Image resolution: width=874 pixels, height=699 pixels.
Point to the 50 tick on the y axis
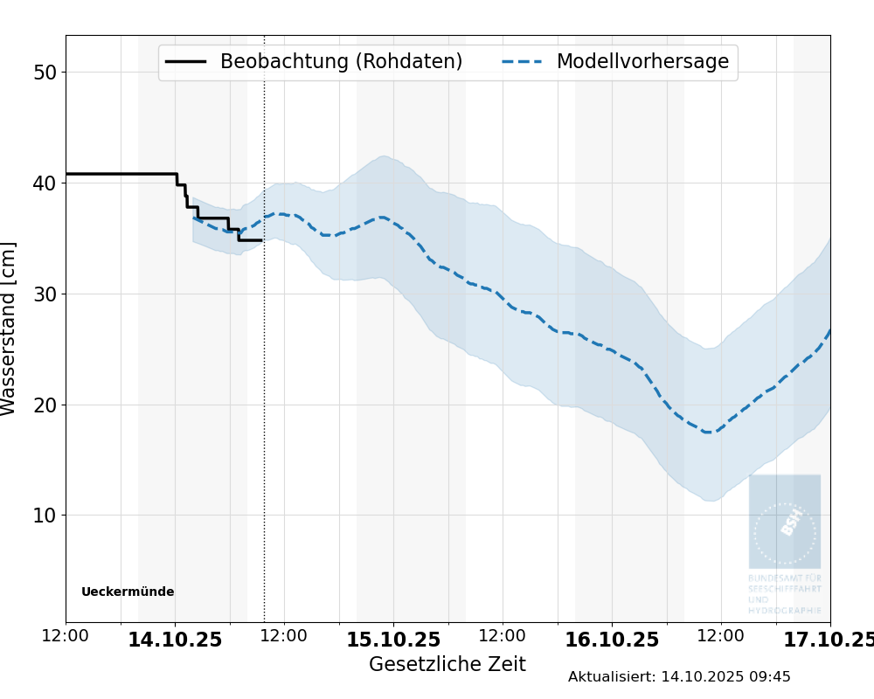click(x=45, y=73)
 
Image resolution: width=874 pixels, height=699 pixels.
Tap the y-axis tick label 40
click(x=45, y=183)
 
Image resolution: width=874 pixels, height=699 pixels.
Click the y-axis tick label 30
click(x=45, y=294)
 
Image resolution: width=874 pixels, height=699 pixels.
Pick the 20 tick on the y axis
click(x=45, y=405)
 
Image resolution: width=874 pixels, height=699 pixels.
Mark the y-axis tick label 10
click(x=45, y=516)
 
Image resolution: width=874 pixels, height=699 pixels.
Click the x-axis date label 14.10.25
click(x=175, y=640)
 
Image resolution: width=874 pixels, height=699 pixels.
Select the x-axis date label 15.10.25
click(x=393, y=640)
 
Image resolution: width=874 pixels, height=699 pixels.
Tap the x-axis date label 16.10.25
click(x=612, y=640)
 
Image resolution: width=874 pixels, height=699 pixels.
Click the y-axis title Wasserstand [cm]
click(x=10, y=329)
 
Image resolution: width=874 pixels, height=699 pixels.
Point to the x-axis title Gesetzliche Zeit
click(x=447, y=665)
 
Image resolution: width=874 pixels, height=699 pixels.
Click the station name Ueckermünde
click(x=128, y=592)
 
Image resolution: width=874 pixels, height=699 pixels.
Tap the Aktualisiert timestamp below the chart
click(x=679, y=677)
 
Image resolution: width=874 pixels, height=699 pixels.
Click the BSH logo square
click(x=784, y=522)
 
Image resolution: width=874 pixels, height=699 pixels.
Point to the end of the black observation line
click(x=260, y=240)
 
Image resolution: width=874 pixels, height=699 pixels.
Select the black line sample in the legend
click(x=186, y=62)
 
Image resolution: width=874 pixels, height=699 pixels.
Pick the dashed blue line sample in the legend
click(x=523, y=62)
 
